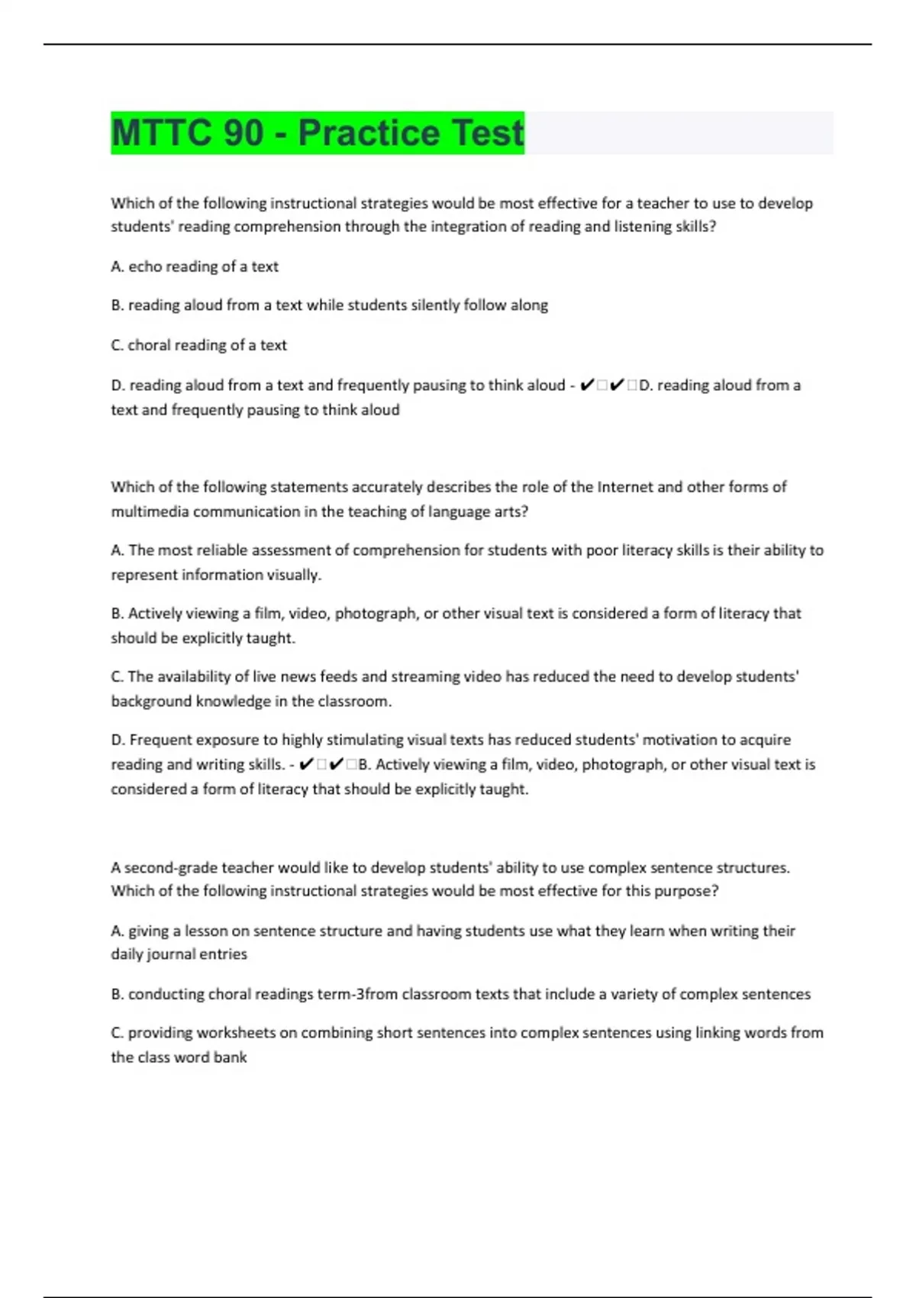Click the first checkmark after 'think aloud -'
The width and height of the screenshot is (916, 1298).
click(586, 385)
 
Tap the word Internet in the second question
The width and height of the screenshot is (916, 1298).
click(624, 487)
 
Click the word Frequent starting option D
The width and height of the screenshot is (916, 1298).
click(160, 740)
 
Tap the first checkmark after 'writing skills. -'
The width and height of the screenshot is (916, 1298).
click(306, 764)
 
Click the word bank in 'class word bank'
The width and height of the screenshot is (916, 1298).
click(231, 1057)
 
